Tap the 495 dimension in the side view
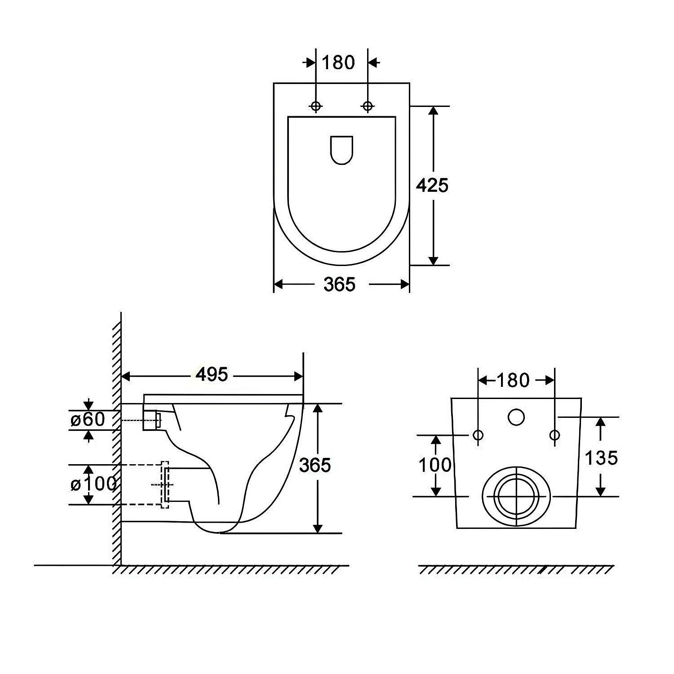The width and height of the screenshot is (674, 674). tap(212, 374)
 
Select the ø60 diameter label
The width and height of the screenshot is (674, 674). tap(88, 420)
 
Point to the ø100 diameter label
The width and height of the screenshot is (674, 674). tap(94, 484)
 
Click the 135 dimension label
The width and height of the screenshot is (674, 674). tap(601, 458)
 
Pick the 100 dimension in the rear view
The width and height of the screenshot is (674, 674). tap(435, 465)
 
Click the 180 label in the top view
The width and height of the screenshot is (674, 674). tap(338, 62)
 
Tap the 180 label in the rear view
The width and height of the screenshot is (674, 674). tap(513, 381)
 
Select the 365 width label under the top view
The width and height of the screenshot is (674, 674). tap(340, 284)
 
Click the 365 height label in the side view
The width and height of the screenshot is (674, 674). tap(315, 465)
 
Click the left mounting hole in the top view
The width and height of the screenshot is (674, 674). tap(316, 106)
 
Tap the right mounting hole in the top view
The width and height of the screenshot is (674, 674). tap(368, 106)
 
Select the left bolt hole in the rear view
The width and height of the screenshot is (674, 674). tap(478, 435)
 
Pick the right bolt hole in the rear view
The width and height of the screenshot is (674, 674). tap(555, 435)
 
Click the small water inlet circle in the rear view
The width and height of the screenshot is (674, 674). tap(516, 417)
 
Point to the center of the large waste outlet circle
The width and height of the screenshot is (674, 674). tap(517, 497)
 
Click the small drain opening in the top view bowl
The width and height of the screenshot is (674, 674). tap(341, 150)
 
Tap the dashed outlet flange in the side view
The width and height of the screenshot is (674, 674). tap(164, 484)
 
